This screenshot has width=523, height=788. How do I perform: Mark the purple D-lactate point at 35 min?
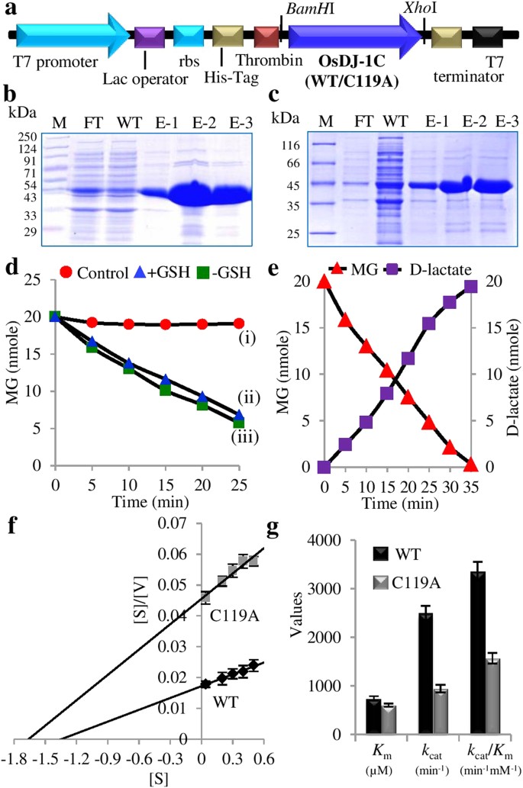tap(470, 286)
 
